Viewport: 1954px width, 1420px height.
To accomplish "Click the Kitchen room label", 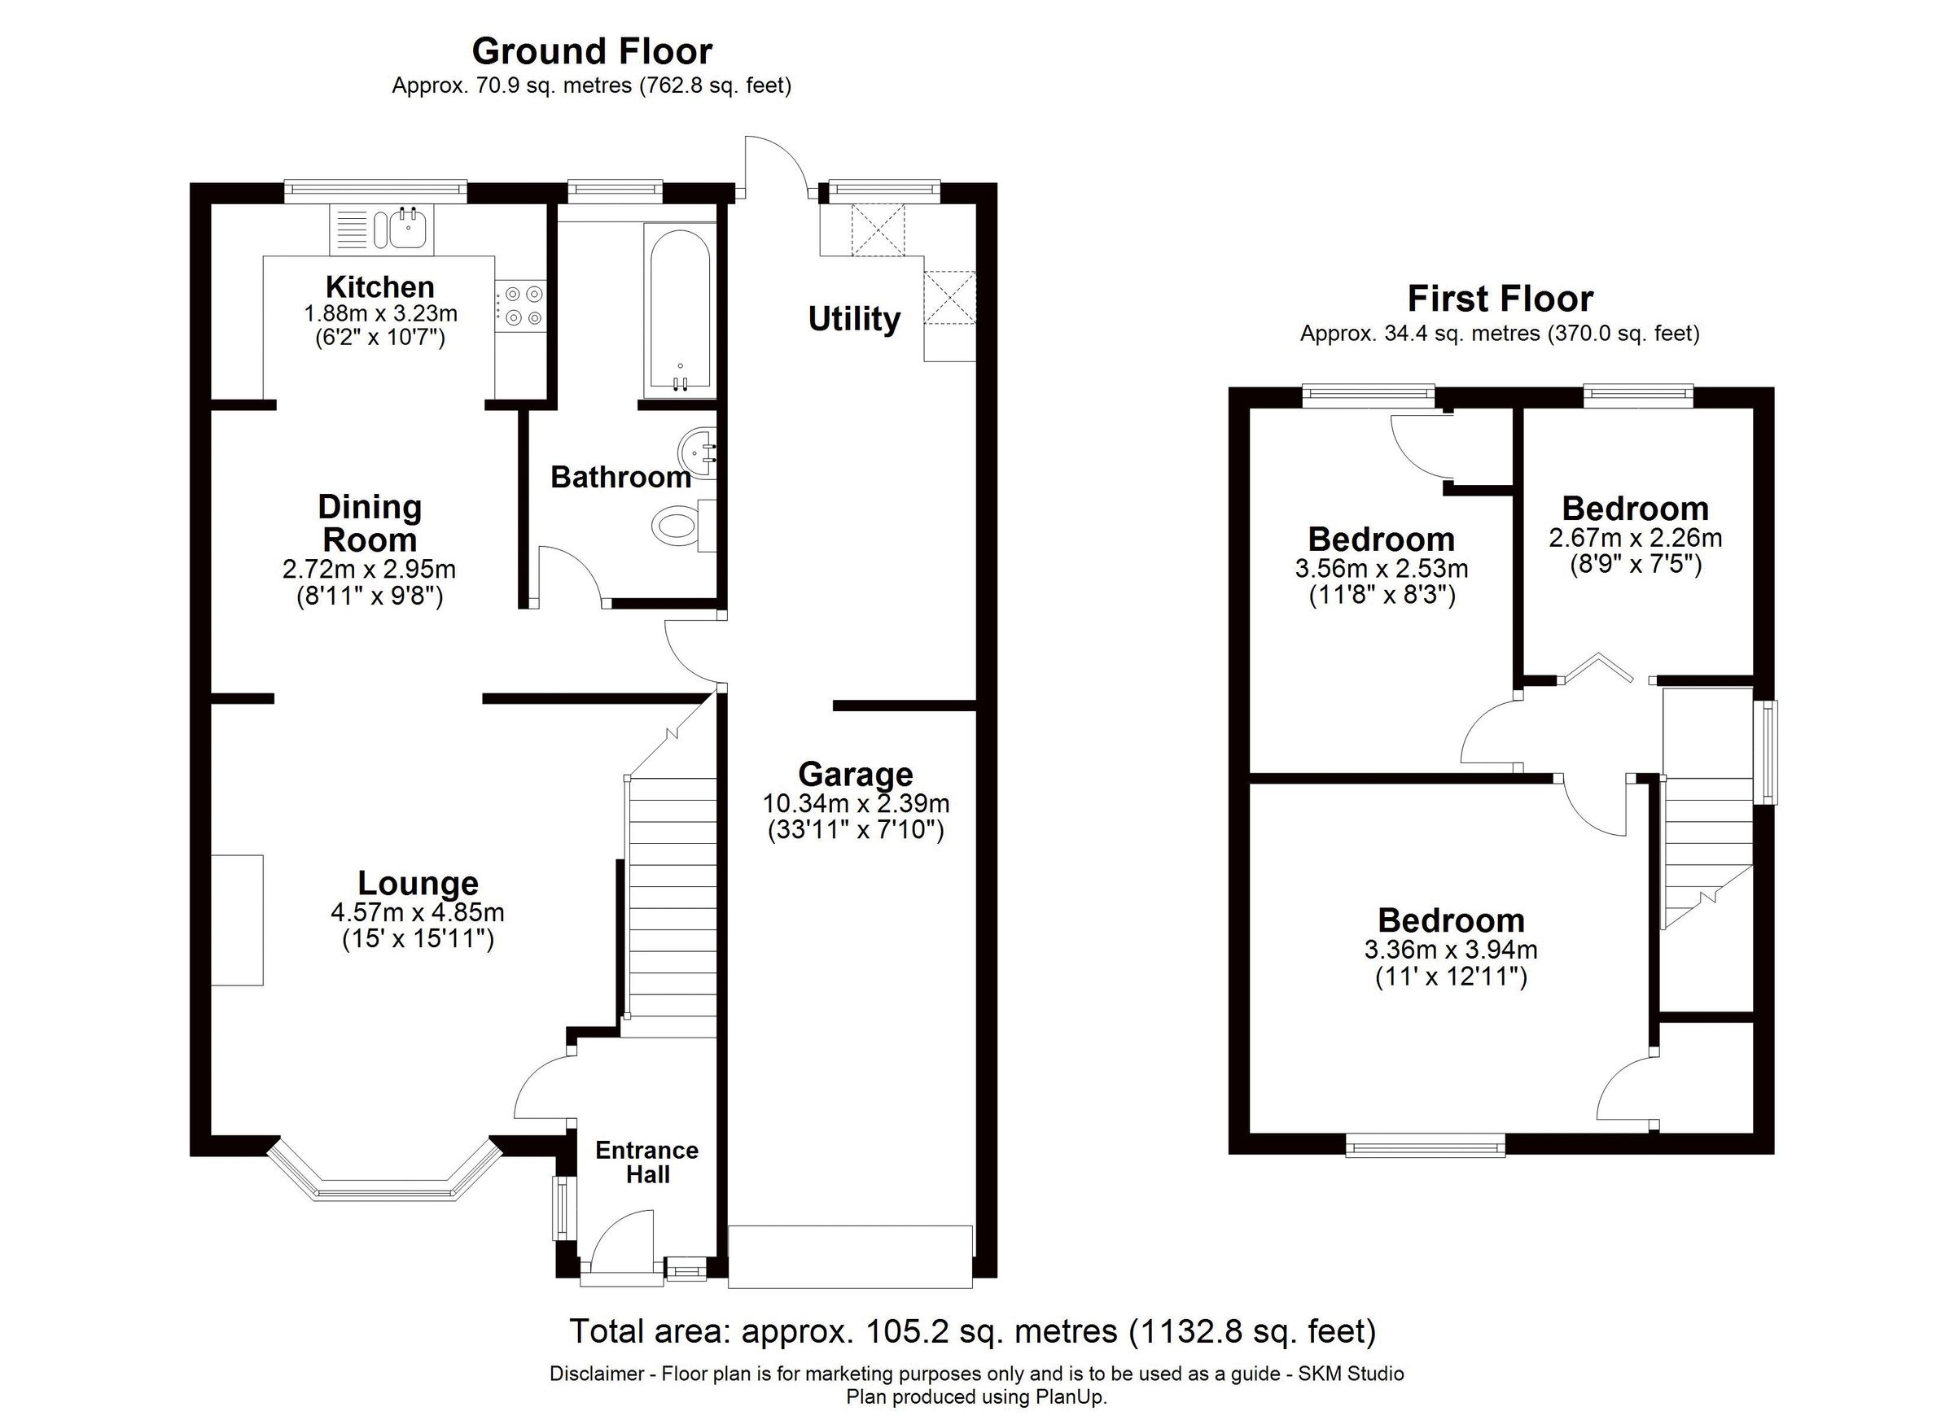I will tap(379, 286).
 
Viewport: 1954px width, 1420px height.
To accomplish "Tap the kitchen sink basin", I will tap(405, 229).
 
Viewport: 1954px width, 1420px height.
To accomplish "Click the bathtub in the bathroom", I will tap(680, 310).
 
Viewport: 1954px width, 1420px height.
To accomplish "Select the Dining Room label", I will tap(370, 522).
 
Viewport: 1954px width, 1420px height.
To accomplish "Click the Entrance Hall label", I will tap(647, 1162).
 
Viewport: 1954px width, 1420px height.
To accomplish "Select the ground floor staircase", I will tap(673, 896).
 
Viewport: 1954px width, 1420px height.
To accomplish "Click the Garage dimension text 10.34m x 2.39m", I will tap(856, 804).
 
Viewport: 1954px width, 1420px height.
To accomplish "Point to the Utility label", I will tap(854, 319).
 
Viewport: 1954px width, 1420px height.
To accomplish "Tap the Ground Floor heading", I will tap(592, 51).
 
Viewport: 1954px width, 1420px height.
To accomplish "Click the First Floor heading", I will tap(1500, 299).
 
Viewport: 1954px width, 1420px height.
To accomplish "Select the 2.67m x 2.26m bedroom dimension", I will tap(1635, 538).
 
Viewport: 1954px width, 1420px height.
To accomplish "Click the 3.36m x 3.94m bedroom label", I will tap(1451, 920).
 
